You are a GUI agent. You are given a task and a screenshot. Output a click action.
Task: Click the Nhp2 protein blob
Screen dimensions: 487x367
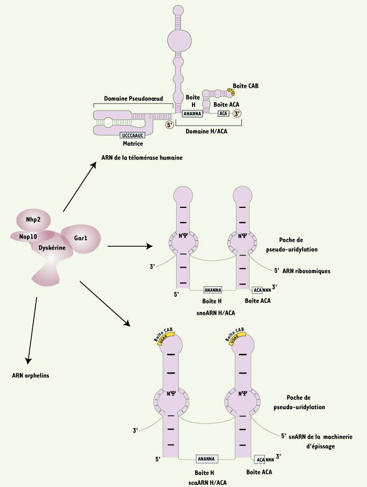pos(33,220)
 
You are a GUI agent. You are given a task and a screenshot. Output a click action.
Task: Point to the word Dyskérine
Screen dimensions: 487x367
pos(53,248)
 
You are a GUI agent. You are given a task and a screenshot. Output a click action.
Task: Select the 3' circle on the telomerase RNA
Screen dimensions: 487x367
pos(237,114)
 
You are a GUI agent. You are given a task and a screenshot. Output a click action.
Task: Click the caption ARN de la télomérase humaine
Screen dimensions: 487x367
pos(142,157)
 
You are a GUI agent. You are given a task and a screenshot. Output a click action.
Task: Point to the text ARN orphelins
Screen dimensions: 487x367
pos(31,376)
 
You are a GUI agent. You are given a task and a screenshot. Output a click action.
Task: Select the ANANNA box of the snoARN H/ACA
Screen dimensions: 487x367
pos(212,290)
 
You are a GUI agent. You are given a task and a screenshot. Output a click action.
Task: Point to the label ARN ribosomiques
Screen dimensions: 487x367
pos(306,270)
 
